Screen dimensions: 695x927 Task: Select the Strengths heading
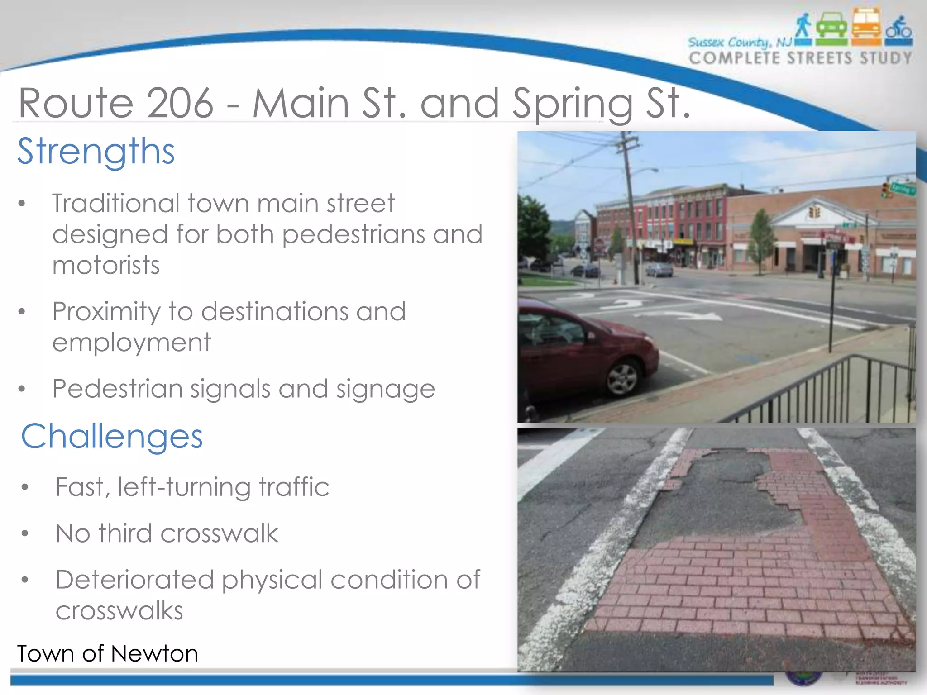click(x=96, y=151)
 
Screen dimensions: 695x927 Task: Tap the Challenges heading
click(x=112, y=437)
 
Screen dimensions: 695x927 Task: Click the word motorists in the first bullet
click(x=106, y=265)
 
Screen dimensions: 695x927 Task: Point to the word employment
click(x=131, y=342)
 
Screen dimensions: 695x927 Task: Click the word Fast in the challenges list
click(x=82, y=487)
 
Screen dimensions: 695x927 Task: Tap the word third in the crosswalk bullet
click(x=125, y=533)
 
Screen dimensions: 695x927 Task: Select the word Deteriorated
click(x=134, y=580)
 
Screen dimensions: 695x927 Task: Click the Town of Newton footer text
click(x=108, y=654)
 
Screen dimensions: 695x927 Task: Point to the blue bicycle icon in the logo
click(x=899, y=29)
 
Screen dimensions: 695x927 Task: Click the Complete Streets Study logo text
click(x=800, y=58)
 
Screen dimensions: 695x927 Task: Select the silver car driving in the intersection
click(x=659, y=270)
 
